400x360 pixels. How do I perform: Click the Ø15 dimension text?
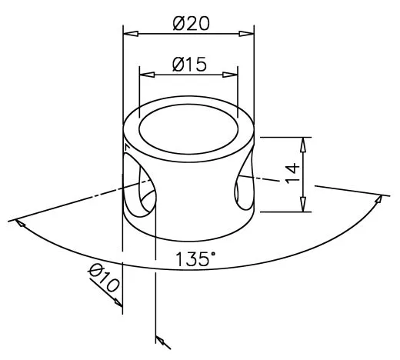tap(189, 65)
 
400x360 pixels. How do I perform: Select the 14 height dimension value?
tap(292, 172)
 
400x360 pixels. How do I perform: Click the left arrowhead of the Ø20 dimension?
tap(131, 33)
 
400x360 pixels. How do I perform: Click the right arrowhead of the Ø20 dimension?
tap(248, 33)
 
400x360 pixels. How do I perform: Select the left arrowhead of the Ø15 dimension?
tap(145, 75)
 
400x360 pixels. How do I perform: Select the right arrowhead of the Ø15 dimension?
tap(232, 75)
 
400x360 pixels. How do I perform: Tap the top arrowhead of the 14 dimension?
tap(304, 144)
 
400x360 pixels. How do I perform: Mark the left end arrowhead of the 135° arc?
tap(21, 224)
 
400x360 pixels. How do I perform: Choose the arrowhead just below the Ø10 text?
tap(118, 302)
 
